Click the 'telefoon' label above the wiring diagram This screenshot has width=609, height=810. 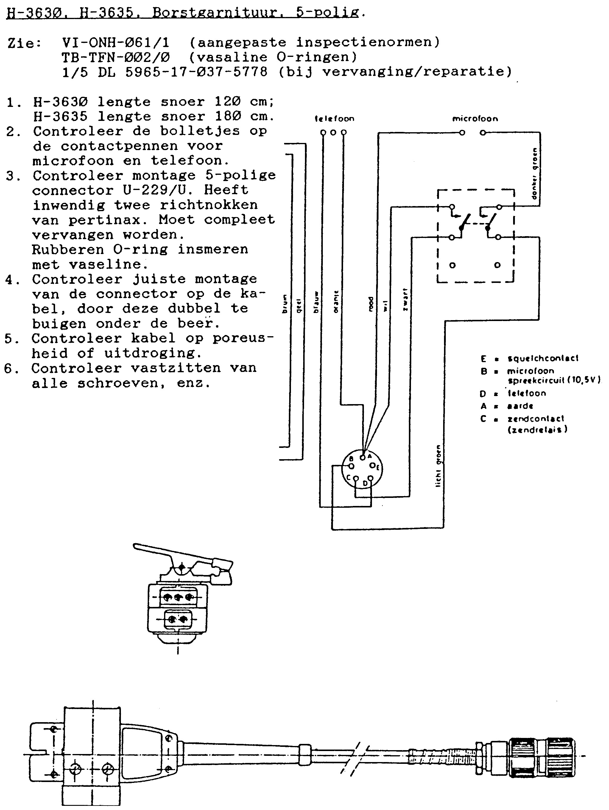[x=334, y=119]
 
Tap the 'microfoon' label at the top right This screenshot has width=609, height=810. [x=475, y=119]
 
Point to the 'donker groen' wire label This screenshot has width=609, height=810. [x=535, y=174]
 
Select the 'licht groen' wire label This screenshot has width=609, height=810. [x=438, y=466]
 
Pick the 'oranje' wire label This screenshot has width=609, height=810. [x=336, y=302]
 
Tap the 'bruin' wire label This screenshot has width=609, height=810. [x=284, y=304]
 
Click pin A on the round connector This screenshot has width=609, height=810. [x=362, y=457]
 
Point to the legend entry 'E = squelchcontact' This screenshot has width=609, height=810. [x=529, y=358]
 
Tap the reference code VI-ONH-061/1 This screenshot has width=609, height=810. [x=116, y=43]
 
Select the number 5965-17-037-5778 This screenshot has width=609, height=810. [x=196, y=72]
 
